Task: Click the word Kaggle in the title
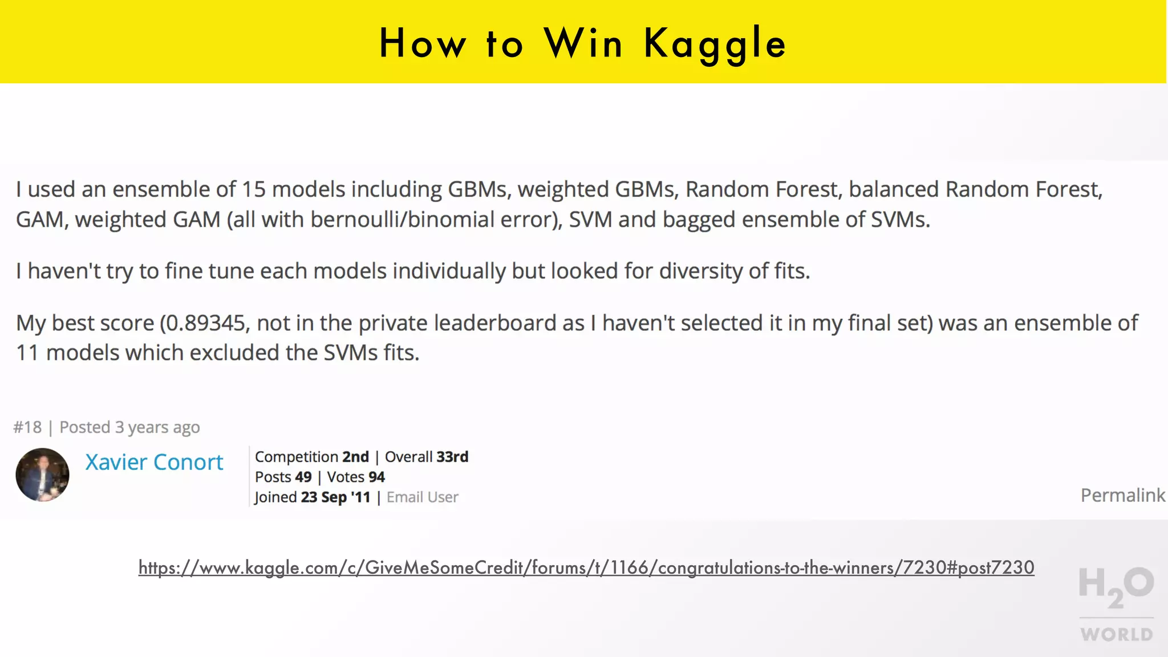pyautogui.click(x=715, y=44)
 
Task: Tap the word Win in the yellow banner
pyautogui.click(x=583, y=44)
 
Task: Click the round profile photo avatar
pyautogui.click(x=42, y=474)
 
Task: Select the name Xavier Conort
pyautogui.click(x=154, y=462)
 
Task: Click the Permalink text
pyautogui.click(x=1122, y=495)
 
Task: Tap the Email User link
pyautogui.click(x=422, y=497)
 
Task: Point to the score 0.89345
pyautogui.click(x=205, y=323)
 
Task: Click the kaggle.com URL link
pyautogui.click(x=586, y=567)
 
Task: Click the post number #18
pyautogui.click(x=27, y=427)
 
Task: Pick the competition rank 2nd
pyautogui.click(x=355, y=457)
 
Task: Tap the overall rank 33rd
pyautogui.click(x=452, y=457)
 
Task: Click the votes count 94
pyautogui.click(x=376, y=477)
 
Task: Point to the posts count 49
pyautogui.click(x=303, y=477)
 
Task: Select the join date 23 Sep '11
pyautogui.click(x=335, y=497)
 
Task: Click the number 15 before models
pyautogui.click(x=253, y=189)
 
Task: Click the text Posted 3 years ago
pyautogui.click(x=129, y=427)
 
